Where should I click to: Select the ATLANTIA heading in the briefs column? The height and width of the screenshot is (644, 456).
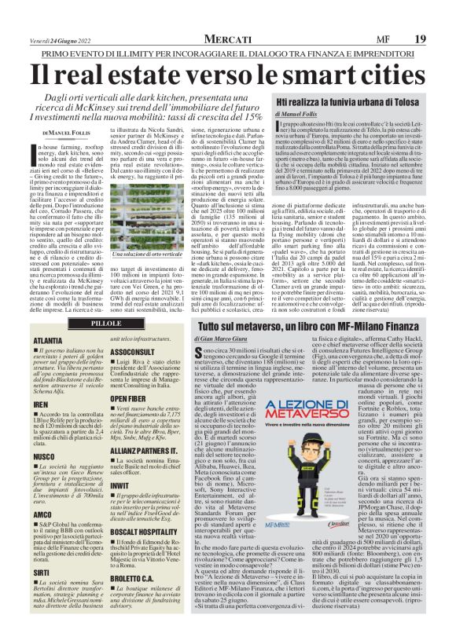[x=49, y=342]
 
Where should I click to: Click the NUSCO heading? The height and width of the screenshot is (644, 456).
[x=45, y=456]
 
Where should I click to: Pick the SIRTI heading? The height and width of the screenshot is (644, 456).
[x=42, y=573]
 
